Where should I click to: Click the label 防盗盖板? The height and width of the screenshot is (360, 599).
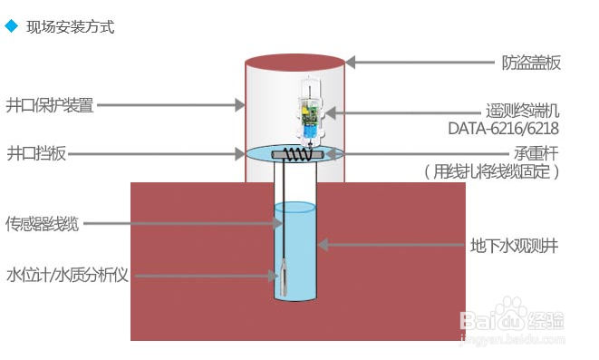[x=532, y=63]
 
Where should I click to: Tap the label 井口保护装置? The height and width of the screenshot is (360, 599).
[x=50, y=104]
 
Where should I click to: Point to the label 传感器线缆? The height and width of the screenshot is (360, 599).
[x=43, y=224]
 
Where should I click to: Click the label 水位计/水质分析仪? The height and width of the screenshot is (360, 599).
[x=67, y=275]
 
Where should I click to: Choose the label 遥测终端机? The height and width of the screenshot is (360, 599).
[x=523, y=112]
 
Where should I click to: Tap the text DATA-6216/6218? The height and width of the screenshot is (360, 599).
[x=503, y=129]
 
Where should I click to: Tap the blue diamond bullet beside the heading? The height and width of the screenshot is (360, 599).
[x=11, y=26]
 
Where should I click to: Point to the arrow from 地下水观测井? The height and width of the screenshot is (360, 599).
[x=389, y=244]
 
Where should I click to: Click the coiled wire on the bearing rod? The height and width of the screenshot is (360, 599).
[x=294, y=155]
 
